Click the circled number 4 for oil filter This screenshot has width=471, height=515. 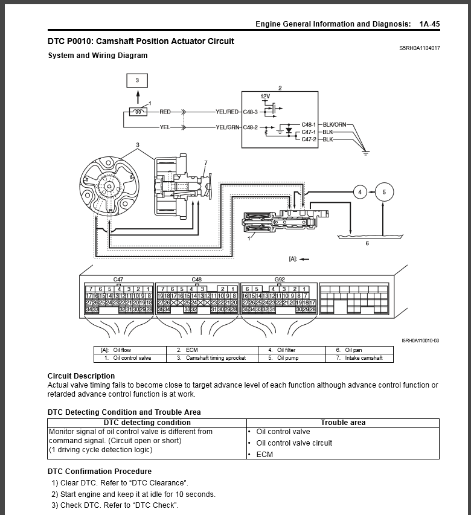point(360,192)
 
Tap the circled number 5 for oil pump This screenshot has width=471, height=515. point(383,192)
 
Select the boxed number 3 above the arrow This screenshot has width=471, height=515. point(137,80)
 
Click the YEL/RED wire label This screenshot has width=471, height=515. point(227,112)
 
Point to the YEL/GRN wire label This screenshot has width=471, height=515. point(227,127)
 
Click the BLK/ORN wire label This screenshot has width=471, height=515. point(335,124)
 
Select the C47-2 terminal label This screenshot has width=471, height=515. point(310,139)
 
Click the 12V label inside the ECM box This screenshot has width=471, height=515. point(265,97)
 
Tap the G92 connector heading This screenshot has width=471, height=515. point(280,280)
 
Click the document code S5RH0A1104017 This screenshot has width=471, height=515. point(419,48)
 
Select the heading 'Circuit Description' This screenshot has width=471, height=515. point(81,376)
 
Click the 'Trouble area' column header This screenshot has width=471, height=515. point(342,423)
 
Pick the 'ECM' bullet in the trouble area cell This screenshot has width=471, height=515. point(264,454)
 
